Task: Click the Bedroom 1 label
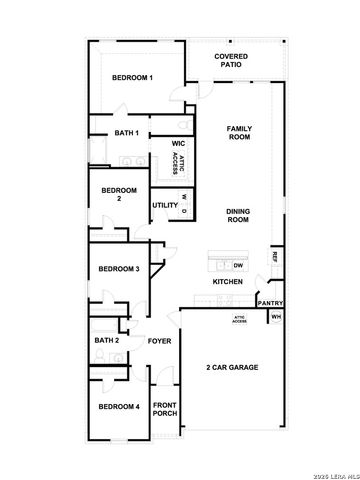pos(132,78)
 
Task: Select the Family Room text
pos(238,133)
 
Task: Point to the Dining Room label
pos(238,215)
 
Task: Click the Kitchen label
pos(228,282)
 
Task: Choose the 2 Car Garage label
pos(232,368)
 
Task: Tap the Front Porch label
pos(165,409)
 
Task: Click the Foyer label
pos(160,341)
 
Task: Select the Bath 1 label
pos(125,133)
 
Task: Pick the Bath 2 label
pos(107,341)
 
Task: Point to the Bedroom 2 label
pos(118,194)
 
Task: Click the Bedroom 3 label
pos(119,269)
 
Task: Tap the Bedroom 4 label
pos(118,406)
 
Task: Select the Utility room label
pos(164,206)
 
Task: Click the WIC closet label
pos(178,143)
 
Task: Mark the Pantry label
pos(270,303)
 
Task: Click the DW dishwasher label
pos(238,265)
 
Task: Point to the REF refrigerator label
pos(274,257)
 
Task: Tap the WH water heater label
pos(275,318)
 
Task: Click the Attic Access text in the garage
pos(240,320)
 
